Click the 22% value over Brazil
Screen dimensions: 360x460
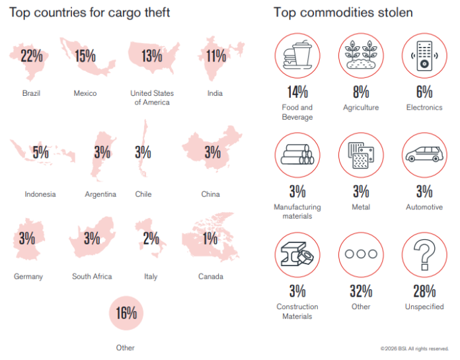pos(31,56)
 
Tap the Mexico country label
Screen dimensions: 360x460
pos(85,93)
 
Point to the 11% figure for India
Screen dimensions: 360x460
pos(215,56)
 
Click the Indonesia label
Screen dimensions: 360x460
pos(40,194)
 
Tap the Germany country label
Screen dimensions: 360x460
pos(28,276)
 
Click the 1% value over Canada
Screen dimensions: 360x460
pos(210,238)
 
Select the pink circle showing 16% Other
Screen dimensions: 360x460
pos(126,312)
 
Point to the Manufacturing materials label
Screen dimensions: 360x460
pos(297,211)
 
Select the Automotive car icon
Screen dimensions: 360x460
pos(424,156)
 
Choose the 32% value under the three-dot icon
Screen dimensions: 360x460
pos(361,291)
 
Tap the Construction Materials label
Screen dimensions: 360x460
pos(297,311)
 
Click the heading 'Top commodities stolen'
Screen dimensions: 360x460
pos(343,13)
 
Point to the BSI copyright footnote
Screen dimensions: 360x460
pos(414,348)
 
